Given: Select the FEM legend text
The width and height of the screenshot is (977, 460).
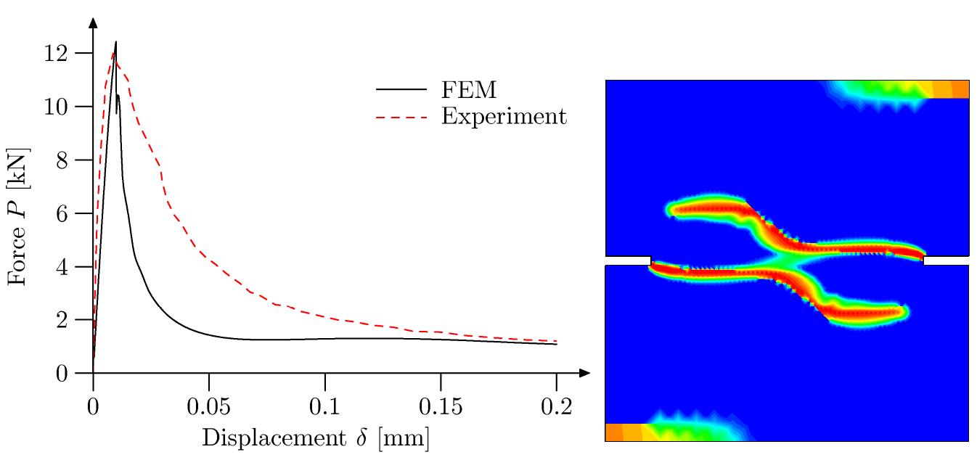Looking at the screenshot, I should click(469, 89).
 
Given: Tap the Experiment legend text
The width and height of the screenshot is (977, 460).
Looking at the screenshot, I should click(504, 115).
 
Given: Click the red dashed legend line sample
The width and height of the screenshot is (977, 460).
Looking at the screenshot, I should click(401, 116).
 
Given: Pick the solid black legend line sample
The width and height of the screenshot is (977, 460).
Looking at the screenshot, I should click(401, 89).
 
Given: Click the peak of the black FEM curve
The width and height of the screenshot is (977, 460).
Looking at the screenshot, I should click(115, 42).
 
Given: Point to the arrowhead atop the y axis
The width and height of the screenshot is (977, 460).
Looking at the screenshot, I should click(93, 22).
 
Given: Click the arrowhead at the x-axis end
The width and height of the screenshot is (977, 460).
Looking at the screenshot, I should click(584, 374).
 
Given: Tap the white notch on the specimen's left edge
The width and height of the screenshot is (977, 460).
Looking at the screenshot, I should click(628, 260).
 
